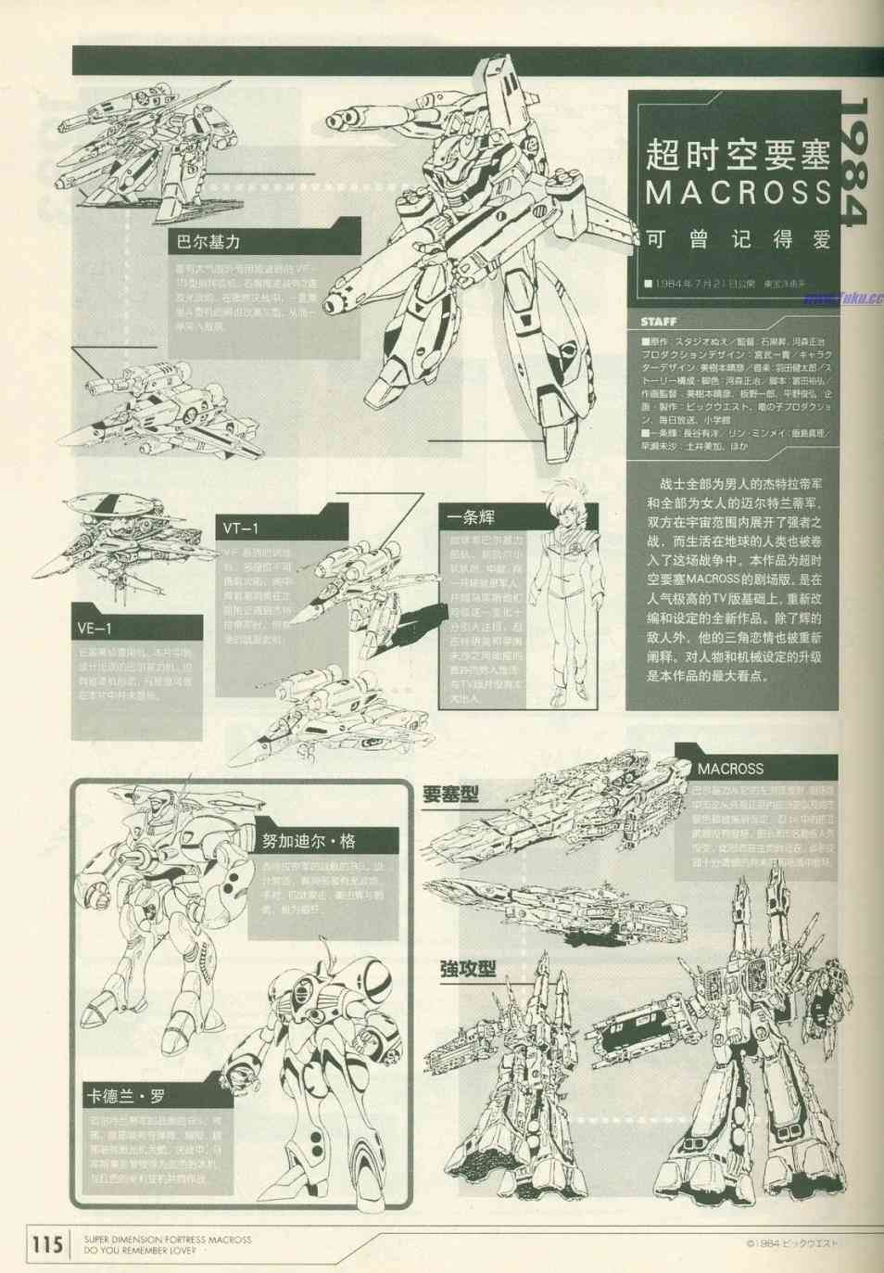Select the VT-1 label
click(x=241, y=528)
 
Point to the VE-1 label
click(x=95, y=629)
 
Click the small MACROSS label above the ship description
click(x=730, y=769)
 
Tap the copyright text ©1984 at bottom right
click(x=791, y=1245)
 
